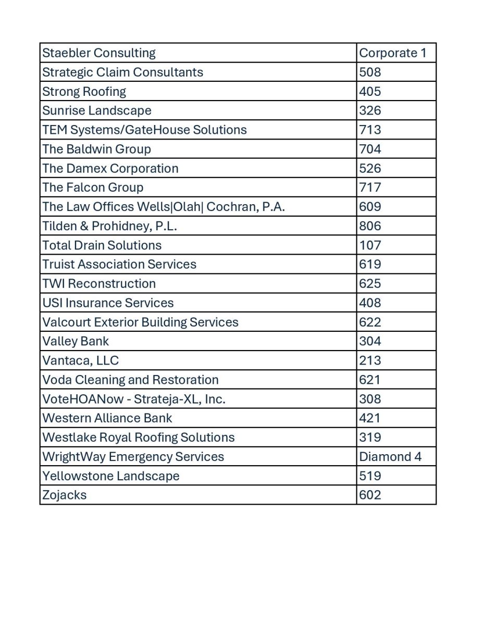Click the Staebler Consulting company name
click(x=99, y=53)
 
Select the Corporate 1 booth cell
click(x=392, y=53)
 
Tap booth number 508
click(x=370, y=72)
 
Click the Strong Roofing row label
click(x=84, y=92)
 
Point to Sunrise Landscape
click(x=97, y=111)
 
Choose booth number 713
click(x=370, y=130)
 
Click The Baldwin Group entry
click(x=97, y=149)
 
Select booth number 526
click(x=370, y=168)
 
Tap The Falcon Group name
click(x=93, y=187)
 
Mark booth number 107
click(x=370, y=245)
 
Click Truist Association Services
click(x=119, y=265)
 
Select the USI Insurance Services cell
click(x=108, y=303)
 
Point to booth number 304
click(x=370, y=341)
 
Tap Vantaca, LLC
click(x=81, y=360)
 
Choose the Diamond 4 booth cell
click(x=390, y=457)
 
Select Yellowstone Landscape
click(x=111, y=476)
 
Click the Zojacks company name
click(x=65, y=495)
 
